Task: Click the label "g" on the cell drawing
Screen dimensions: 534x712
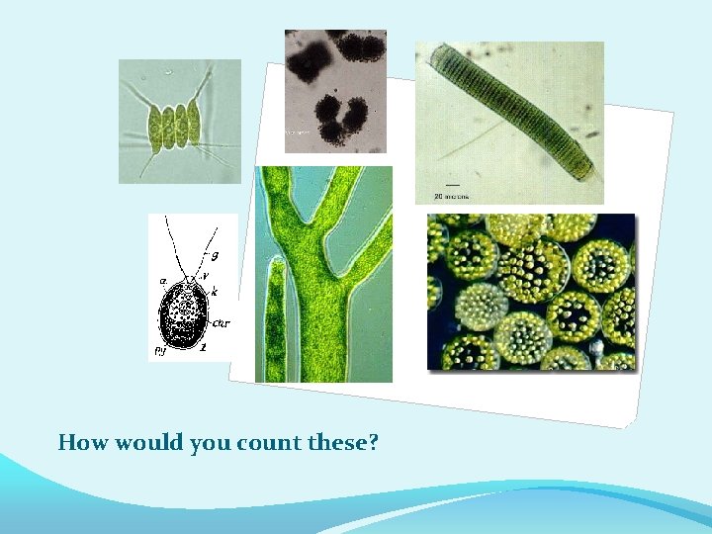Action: pos(215,255)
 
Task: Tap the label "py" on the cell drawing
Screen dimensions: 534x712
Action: pos(158,349)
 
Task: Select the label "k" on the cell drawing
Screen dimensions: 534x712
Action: pos(214,293)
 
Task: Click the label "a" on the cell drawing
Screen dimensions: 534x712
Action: pos(162,281)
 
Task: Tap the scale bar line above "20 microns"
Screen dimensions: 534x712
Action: pos(453,184)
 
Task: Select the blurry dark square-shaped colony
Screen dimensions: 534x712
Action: pos(308,58)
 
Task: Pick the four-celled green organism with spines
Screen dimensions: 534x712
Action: pos(174,122)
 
